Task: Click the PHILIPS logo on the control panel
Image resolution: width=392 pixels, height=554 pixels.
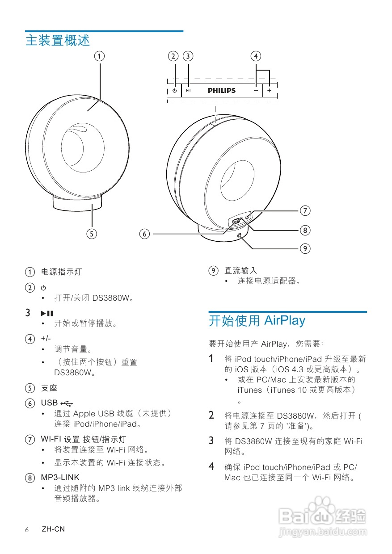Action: click(x=222, y=90)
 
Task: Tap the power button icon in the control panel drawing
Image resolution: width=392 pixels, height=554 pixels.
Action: click(x=174, y=90)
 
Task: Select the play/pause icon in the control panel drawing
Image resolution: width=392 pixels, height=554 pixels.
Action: click(x=189, y=90)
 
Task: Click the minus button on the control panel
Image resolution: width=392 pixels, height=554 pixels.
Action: click(x=256, y=90)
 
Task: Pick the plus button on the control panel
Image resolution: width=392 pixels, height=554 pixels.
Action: click(x=270, y=90)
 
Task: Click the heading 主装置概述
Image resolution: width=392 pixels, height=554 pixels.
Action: click(x=58, y=40)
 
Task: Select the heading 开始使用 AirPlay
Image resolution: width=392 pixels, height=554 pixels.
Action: click(x=257, y=320)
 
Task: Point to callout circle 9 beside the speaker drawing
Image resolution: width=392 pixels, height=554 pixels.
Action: click(x=305, y=248)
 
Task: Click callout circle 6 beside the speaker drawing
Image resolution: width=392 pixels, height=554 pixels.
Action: click(x=144, y=233)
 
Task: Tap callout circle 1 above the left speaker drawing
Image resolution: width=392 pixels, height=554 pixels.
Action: click(x=99, y=56)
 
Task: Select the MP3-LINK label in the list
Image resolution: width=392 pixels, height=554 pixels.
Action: click(x=60, y=478)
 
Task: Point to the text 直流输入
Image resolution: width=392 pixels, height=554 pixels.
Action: click(x=240, y=270)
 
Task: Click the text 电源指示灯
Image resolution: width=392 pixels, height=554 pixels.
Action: click(x=62, y=272)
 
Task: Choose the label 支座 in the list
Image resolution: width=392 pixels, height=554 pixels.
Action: click(x=49, y=388)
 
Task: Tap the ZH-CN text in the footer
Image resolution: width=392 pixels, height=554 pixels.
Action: click(x=53, y=529)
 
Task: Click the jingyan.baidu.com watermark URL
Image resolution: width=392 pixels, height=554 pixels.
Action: click(x=322, y=532)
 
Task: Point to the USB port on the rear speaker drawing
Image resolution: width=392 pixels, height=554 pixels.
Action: click(x=236, y=221)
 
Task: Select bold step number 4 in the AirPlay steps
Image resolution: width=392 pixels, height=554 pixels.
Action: click(x=212, y=467)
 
